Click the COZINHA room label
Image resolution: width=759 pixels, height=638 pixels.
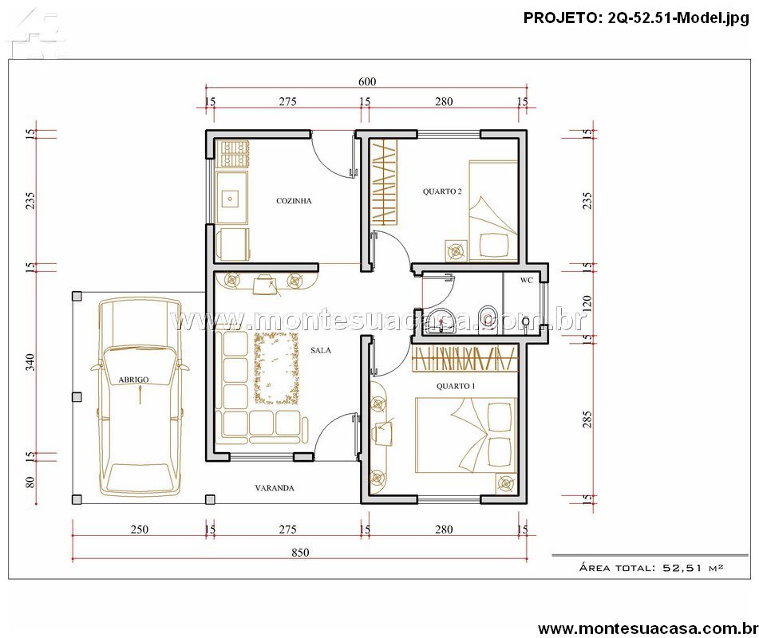pos(294,201)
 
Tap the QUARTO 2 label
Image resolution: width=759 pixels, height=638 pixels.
pos(442,191)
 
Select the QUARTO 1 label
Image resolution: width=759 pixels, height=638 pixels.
pos(456,386)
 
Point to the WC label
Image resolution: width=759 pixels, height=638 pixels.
pos(527,280)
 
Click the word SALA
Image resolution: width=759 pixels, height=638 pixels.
pos(321,350)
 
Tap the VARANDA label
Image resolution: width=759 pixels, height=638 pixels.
pos(275,488)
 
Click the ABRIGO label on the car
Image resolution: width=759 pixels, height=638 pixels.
pos(133,380)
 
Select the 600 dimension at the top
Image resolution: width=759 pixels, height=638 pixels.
pos(367,81)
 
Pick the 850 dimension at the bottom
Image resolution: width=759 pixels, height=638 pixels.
pos(300,553)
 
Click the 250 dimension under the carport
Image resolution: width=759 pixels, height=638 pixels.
pos(140,530)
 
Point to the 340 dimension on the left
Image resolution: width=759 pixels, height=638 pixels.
pos(30,362)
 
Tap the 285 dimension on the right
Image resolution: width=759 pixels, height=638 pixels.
pos(587,419)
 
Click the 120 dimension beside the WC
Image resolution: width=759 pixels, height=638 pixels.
pos(587,303)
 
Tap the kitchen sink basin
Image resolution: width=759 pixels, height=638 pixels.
pos(231,199)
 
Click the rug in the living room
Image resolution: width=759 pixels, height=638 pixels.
pos(276,368)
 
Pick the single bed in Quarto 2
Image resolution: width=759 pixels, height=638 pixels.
pos(493,211)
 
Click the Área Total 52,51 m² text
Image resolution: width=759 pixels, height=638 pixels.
pos(651,567)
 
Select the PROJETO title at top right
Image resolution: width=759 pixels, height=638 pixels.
pos(636,18)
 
